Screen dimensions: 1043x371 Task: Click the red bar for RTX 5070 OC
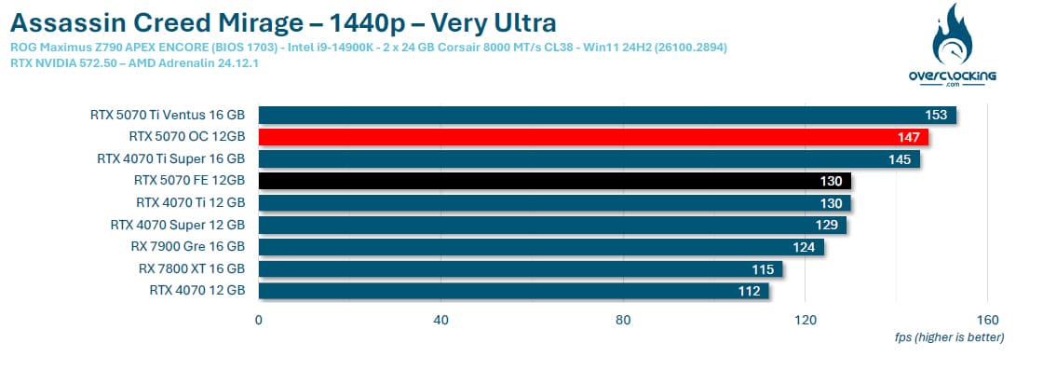click(x=592, y=137)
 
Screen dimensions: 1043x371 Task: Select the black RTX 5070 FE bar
click(x=555, y=181)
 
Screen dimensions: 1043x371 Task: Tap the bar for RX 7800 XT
click(x=521, y=269)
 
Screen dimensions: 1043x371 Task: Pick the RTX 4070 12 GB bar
click(x=513, y=291)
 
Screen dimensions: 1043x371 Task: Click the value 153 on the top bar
click(x=936, y=116)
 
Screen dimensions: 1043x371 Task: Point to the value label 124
click(x=804, y=248)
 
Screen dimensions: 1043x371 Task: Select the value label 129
click(x=826, y=226)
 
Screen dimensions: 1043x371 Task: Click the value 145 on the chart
click(x=900, y=159)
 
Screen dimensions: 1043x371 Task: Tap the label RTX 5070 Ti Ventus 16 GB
click(x=168, y=115)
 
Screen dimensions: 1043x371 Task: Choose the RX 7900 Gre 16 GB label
click(x=188, y=246)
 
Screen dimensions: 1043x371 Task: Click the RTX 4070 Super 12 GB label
click(x=178, y=225)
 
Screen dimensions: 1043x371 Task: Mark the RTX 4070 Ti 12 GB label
click(x=191, y=202)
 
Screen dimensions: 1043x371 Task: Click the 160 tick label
click(x=988, y=320)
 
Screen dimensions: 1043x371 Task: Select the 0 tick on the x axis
click(x=259, y=320)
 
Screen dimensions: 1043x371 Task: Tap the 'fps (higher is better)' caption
click(x=949, y=337)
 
